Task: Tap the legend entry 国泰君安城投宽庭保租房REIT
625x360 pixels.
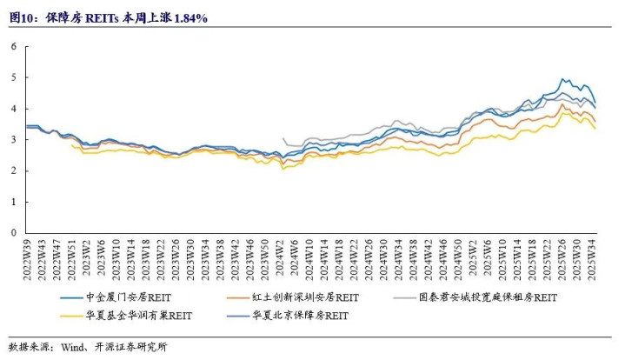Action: tap(488, 297)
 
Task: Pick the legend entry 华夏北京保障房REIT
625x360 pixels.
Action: tap(300, 316)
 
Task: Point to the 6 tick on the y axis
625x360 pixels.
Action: tap(14, 46)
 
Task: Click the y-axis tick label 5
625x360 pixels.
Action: tap(14, 77)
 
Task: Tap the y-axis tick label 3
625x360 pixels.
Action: tap(14, 139)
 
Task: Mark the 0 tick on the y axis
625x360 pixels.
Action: tap(14, 233)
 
